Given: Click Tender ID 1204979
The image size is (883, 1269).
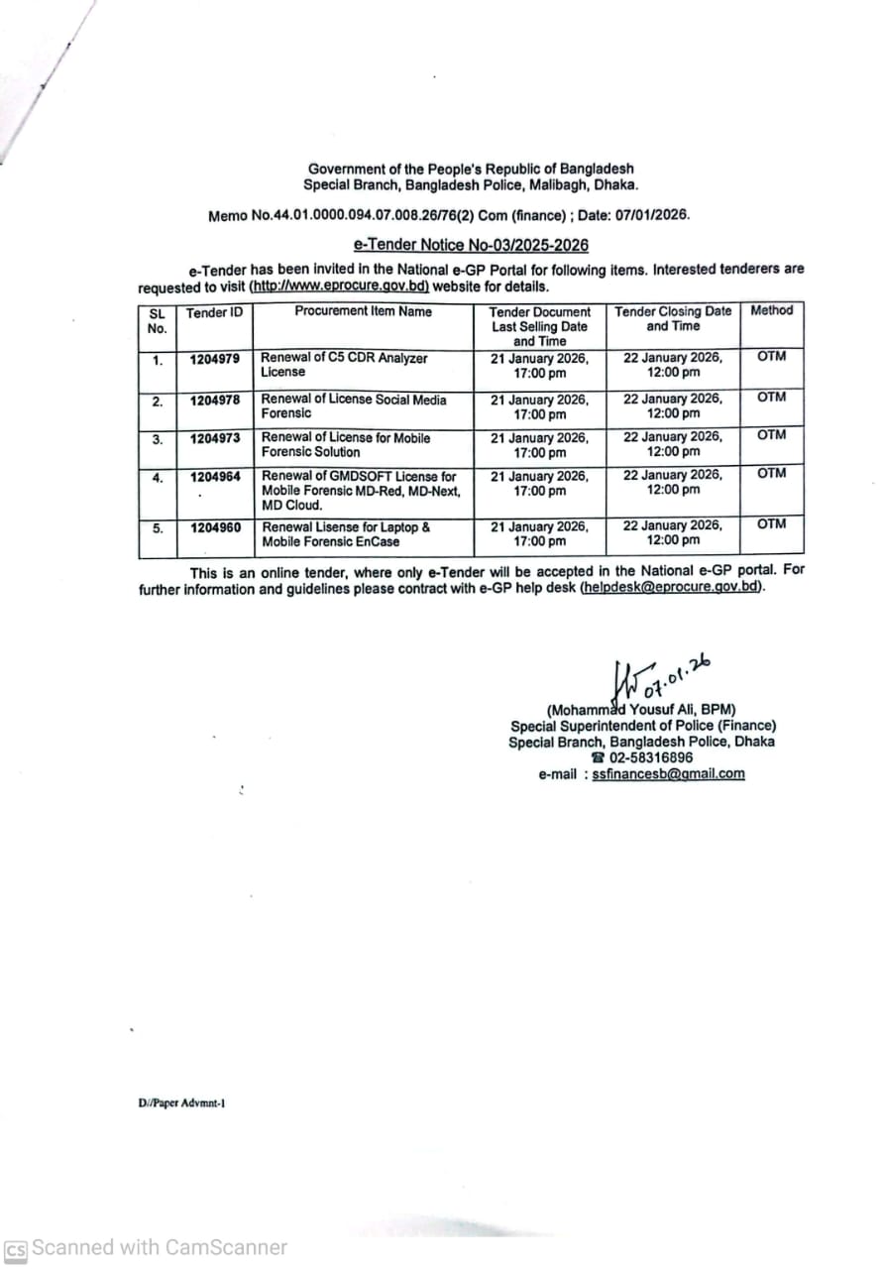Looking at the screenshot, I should (x=215, y=358).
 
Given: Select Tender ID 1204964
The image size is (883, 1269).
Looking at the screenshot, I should (x=215, y=477).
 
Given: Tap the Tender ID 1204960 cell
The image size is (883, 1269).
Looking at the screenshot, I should (x=215, y=527).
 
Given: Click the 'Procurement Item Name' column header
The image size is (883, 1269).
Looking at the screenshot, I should (x=363, y=311).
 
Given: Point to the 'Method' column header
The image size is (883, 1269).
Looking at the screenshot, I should (x=771, y=310).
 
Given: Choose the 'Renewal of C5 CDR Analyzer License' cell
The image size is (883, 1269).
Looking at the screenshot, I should (x=344, y=365).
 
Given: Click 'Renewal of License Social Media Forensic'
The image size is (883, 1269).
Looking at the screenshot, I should (x=353, y=406).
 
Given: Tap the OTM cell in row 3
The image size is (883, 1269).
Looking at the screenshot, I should (x=771, y=435).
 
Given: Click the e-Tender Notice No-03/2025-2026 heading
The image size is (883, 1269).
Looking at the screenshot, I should (x=471, y=245).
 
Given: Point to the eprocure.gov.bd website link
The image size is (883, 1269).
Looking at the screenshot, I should (x=339, y=286).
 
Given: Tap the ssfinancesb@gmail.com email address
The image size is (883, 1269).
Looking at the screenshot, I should (x=668, y=774).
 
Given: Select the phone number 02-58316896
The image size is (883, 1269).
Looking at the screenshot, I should (x=650, y=757).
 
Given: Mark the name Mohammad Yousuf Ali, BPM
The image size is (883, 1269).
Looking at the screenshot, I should (x=641, y=710).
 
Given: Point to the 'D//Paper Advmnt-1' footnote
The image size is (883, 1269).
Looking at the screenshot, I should (x=182, y=1101).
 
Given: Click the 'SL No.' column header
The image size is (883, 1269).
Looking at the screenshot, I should (x=158, y=319).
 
